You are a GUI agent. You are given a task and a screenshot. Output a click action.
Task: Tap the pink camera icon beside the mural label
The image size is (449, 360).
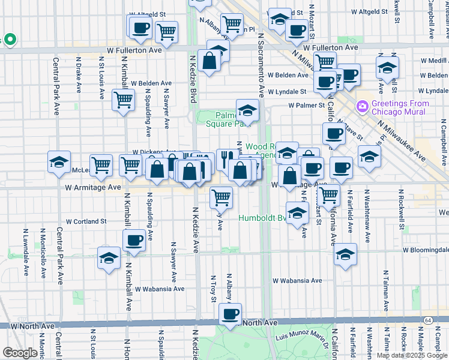(x=362, y=107)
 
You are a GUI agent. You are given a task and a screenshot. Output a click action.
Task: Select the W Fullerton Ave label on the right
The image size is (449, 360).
(x=330, y=47)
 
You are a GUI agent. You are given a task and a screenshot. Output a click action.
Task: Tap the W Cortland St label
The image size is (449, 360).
(x=86, y=221)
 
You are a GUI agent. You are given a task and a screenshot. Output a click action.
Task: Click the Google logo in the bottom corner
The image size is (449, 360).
(x=20, y=353)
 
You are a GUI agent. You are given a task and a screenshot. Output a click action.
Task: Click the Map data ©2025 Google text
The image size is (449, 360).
(x=412, y=355)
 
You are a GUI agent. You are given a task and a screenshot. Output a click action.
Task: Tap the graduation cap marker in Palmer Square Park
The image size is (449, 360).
(x=247, y=110)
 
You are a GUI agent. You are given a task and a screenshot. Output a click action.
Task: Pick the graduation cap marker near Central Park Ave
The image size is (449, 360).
(x=59, y=162)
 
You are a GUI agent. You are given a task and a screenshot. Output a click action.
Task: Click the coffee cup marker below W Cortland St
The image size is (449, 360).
(x=133, y=241)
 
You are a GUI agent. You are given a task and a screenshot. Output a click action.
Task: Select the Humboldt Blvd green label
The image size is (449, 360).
(x=263, y=218)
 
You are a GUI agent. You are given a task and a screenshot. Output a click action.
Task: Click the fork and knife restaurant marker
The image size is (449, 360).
(x=227, y=159)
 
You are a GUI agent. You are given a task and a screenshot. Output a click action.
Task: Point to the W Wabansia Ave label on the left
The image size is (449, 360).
(x=158, y=289)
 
